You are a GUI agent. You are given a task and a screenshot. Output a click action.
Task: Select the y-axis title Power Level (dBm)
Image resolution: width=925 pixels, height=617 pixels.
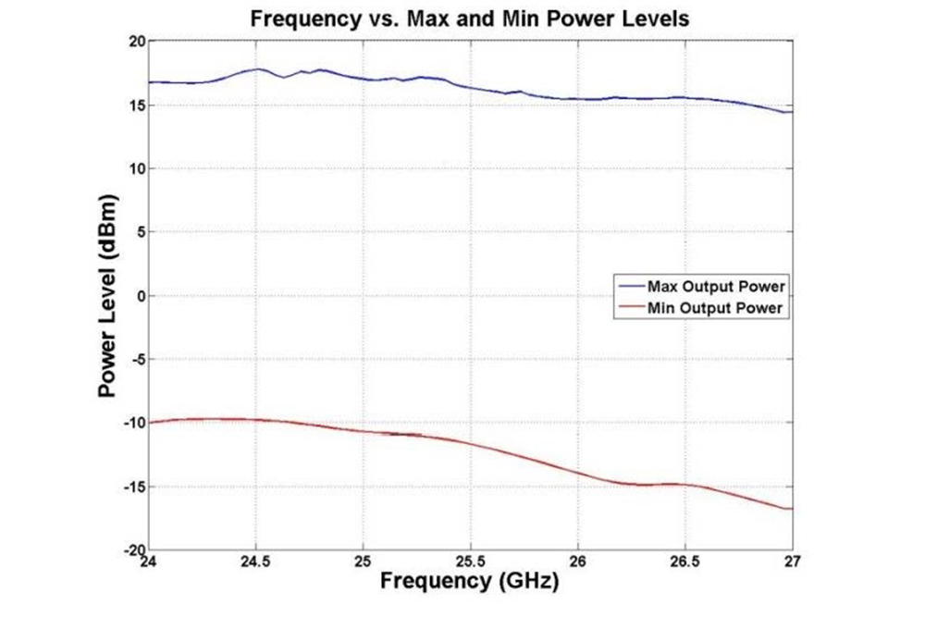tap(108, 296)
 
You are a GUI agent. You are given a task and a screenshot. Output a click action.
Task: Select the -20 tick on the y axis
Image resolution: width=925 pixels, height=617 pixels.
tap(131, 549)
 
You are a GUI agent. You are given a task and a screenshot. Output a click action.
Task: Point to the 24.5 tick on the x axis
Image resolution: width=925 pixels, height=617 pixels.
tap(255, 561)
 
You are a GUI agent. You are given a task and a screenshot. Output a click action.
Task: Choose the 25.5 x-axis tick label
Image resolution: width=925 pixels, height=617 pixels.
tap(470, 561)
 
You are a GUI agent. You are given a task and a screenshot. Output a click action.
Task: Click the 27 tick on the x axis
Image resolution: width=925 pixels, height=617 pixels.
tap(793, 561)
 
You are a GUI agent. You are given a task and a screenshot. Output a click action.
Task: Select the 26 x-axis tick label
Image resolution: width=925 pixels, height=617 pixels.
tap(578, 561)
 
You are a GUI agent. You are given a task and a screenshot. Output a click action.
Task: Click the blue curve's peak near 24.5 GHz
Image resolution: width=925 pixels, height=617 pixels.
tap(258, 69)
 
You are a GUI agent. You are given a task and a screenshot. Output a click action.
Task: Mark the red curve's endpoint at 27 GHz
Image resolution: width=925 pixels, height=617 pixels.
tap(792, 509)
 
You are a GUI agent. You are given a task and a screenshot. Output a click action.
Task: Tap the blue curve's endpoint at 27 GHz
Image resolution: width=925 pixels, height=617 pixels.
tap(792, 112)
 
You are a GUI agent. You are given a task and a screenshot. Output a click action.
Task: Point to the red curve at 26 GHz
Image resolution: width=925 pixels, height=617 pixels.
tap(578, 473)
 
